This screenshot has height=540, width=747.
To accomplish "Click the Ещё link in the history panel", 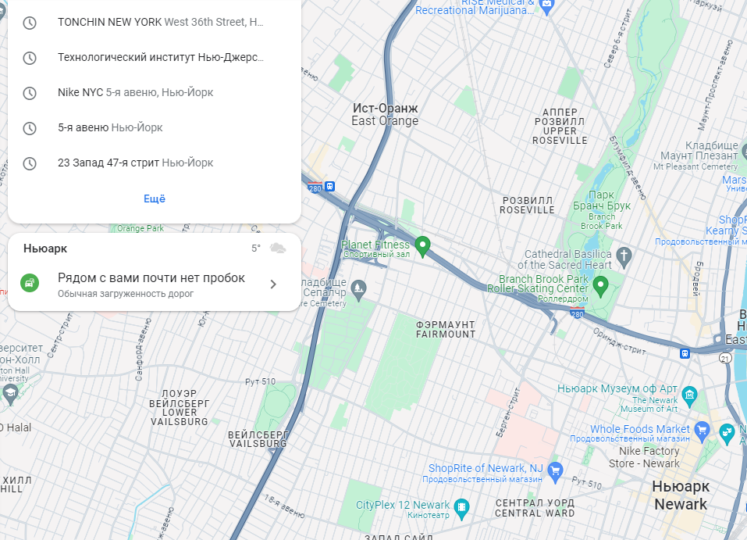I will click(x=155, y=198).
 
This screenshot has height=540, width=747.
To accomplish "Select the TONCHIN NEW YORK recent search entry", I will click(x=161, y=22).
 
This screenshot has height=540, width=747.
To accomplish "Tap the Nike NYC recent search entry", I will click(x=135, y=92).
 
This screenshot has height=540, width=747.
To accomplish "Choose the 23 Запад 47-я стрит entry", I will click(x=135, y=163).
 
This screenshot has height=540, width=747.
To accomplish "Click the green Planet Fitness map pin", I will click(x=423, y=246).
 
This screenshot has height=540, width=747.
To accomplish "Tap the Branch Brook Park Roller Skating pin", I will click(x=600, y=287).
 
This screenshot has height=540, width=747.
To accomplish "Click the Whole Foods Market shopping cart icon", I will click(x=702, y=429).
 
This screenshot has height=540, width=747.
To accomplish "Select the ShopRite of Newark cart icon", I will click(x=555, y=469).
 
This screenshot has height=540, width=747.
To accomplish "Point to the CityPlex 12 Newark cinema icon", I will click(x=461, y=506).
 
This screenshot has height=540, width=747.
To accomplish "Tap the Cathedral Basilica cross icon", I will click(x=624, y=256).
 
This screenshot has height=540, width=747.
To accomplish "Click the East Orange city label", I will click(x=385, y=114).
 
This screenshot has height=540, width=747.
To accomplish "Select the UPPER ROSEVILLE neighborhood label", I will click(x=560, y=126).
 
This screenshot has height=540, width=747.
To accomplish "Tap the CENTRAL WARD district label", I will click(x=535, y=508).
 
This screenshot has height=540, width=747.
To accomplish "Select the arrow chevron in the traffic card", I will click(x=273, y=284).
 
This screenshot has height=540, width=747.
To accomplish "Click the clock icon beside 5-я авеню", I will click(x=30, y=128).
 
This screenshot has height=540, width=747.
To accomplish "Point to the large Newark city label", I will click(x=680, y=495).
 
